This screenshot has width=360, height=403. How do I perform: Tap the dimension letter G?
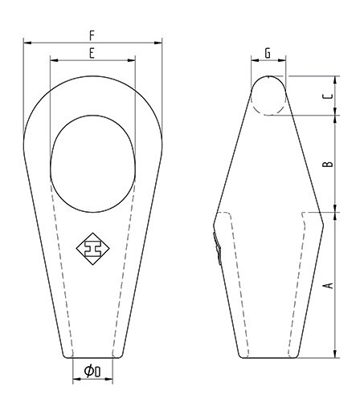pyautogui.click(x=268, y=53)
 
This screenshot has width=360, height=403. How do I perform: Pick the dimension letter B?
pyautogui.click(x=325, y=164)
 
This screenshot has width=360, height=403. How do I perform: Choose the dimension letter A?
pyautogui.click(x=325, y=285)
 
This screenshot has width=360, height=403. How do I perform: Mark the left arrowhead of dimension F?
pyautogui.click(x=26, y=42)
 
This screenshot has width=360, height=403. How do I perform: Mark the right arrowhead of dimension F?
pyautogui.click(x=161, y=42)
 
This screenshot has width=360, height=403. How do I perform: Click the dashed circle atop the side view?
pyautogui.click(x=268, y=95)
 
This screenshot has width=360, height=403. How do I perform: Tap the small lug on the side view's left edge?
pyautogui.click(x=216, y=247)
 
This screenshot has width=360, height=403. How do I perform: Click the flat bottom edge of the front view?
pyautogui.click(x=92, y=358)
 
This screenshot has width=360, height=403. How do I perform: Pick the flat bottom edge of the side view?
pyautogui.click(x=268, y=358)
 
